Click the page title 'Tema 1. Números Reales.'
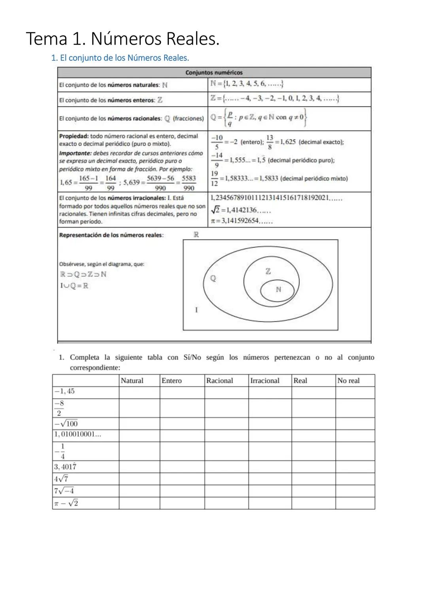point(123,39)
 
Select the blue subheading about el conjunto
point(120,58)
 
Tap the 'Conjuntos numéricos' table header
point(214,73)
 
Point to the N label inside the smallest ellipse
point(278,289)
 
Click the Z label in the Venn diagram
point(268,271)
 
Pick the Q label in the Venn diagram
point(213,278)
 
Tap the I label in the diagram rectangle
point(196,310)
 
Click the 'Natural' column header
point(132,381)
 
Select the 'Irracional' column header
point(265,381)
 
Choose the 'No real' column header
point(348,381)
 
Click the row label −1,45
point(64,391)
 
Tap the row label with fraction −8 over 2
point(59,408)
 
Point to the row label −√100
point(66,424)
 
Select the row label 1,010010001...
point(77,434)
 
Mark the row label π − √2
point(66,503)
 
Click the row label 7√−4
point(64,491)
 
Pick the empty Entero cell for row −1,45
point(182,392)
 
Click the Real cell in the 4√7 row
point(313,479)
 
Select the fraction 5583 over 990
point(189,183)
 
